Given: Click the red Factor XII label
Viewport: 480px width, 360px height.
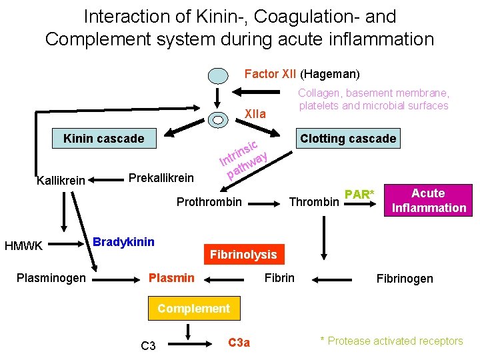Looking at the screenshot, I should click(x=271, y=74).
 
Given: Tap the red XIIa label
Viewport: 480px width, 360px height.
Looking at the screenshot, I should click(x=255, y=114).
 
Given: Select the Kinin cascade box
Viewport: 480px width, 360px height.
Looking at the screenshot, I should click(x=103, y=139).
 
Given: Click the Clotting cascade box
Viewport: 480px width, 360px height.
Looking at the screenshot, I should click(x=348, y=139).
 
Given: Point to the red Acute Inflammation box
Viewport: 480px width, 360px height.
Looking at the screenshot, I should click(x=428, y=201).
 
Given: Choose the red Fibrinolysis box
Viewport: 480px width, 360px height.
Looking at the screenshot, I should click(x=243, y=255).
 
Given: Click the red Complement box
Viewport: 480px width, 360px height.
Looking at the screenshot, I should click(x=193, y=308).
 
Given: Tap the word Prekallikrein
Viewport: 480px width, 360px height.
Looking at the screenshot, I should click(x=161, y=178).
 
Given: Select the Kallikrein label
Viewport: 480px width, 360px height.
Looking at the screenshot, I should click(x=61, y=181).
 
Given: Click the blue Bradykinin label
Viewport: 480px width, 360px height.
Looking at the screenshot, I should click(x=123, y=241).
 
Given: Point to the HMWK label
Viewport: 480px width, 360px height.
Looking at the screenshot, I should click(x=24, y=246).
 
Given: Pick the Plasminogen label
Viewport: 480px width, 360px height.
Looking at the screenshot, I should click(x=51, y=278).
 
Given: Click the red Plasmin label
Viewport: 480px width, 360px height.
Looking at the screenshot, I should click(x=172, y=278).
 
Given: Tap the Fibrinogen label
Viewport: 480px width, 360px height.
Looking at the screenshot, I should click(x=405, y=279).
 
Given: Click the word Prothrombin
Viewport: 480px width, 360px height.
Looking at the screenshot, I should click(x=209, y=201).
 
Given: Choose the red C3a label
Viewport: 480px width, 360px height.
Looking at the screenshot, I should click(x=239, y=343).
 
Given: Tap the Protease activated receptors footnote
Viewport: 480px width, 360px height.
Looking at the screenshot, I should click(x=391, y=341).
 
